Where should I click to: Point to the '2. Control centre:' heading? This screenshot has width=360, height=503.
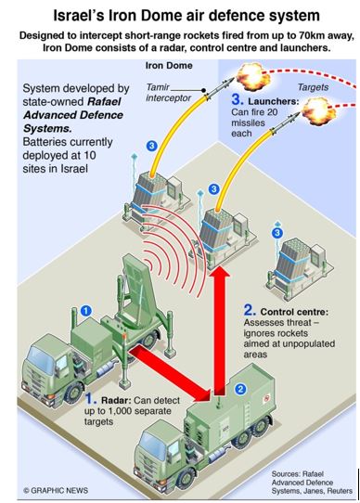[291, 308]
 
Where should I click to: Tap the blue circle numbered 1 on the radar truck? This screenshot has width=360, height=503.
[85, 309]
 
